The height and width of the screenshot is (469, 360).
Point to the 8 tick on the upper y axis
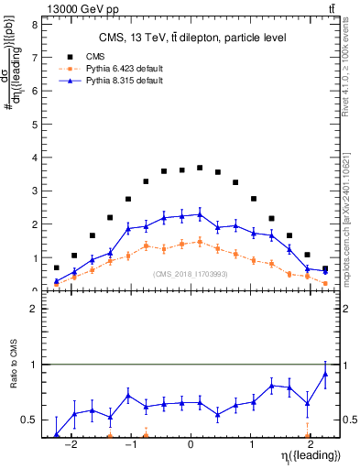[34, 25]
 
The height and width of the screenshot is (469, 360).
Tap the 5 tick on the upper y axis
[34, 125]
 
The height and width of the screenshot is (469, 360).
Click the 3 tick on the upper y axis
[34, 191]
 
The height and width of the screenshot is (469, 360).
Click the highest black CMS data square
[200, 168]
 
